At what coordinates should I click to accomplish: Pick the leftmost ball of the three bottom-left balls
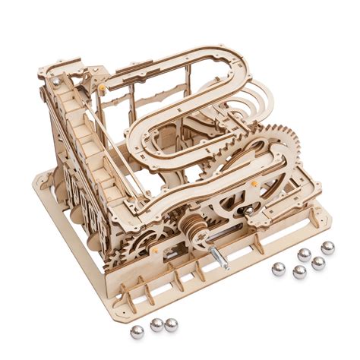(137, 330)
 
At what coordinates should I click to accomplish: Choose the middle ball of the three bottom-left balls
(156, 325)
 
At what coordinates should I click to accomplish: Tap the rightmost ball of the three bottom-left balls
(172, 324)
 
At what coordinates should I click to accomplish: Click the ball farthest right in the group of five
(327, 248)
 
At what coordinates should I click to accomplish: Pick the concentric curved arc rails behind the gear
(258, 103)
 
